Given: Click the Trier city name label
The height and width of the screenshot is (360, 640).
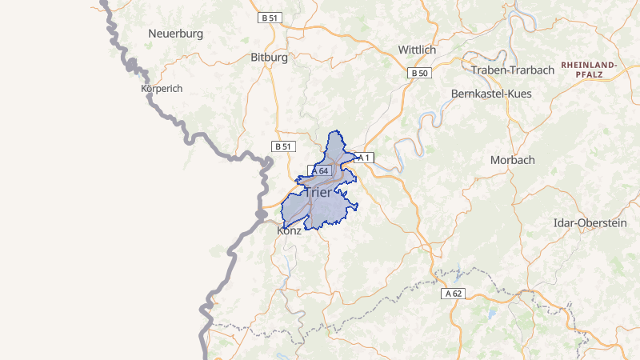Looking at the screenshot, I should point(318,193).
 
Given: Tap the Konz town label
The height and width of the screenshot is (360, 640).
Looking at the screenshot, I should point(289,230).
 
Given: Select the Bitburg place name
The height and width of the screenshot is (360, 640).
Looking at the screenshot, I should point(269,58).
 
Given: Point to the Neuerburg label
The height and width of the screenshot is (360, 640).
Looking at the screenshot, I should point(176,34).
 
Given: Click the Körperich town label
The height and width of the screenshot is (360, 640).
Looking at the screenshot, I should point(162,89).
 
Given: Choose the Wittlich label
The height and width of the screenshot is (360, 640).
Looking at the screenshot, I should point(417,50).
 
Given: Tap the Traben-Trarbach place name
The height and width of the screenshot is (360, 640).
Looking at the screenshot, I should point(513,70).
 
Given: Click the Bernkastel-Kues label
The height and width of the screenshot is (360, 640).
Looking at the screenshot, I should point(491,94).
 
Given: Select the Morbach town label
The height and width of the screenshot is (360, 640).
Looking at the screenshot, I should point(512,160).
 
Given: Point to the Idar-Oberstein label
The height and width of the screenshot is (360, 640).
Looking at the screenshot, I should point(590,223).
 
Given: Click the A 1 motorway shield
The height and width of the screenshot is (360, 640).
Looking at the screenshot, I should point(364,158).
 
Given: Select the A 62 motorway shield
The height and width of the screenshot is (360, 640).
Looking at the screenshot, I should point(453,294).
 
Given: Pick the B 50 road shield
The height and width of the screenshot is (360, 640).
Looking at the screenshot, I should point(418,74).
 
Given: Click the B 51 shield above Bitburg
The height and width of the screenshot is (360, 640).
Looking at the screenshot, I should point(270,17).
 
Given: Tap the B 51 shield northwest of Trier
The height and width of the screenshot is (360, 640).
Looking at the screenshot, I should point(283,146).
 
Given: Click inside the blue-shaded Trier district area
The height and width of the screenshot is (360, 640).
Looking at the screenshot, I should point(328,208).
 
